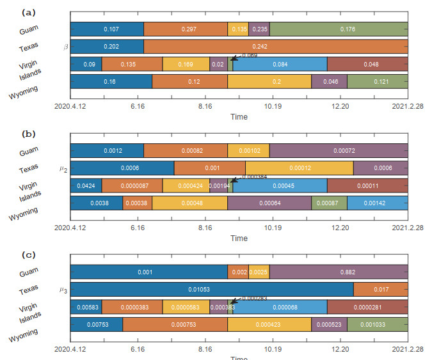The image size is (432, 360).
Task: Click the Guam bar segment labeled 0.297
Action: (186, 29)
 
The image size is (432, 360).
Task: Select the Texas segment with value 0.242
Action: (276, 46)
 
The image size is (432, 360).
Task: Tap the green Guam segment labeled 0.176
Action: (339, 29)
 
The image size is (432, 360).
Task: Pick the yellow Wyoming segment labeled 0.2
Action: (269, 81)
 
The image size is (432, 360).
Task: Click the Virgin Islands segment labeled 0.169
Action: (186, 64)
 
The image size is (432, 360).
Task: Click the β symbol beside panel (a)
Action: (65, 47)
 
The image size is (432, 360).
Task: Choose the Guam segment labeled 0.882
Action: (339, 272)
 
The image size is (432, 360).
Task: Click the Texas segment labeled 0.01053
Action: (211, 289)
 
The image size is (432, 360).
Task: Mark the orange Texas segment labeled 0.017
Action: (381, 289)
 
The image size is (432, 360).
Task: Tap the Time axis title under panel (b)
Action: (239, 239)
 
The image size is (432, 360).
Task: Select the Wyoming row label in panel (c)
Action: (23, 337)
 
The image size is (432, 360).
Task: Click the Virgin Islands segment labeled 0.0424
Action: (86, 185)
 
